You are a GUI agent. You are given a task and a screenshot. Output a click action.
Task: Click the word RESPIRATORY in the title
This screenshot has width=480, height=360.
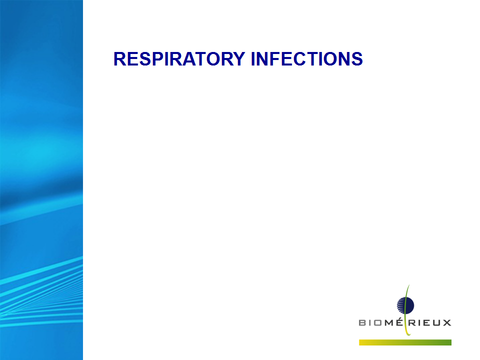(x=179, y=59)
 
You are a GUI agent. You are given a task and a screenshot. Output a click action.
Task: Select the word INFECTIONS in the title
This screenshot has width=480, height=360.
(x=306, y=59)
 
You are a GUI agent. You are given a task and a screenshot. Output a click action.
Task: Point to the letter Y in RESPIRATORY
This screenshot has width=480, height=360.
(x=239, y=59)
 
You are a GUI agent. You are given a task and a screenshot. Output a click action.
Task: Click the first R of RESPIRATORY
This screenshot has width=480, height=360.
(x=119, y=59)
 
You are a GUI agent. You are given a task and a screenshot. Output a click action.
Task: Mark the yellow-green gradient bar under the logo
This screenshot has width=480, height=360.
(x=405, y=342)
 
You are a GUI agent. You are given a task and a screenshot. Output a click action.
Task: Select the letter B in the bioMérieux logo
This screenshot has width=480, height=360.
(x=362, y=323)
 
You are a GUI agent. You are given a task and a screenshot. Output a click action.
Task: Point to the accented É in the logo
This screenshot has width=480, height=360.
(x=399, y=322)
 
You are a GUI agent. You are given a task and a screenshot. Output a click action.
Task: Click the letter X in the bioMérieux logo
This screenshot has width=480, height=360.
(x=447, y=323)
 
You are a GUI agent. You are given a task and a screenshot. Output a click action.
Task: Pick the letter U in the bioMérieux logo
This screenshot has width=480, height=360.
(x=436, y=323)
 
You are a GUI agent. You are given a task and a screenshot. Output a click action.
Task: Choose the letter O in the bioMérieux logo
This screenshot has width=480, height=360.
(x=378, y=323)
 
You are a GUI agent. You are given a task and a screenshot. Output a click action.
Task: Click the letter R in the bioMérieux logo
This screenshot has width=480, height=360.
(x=412, y=323)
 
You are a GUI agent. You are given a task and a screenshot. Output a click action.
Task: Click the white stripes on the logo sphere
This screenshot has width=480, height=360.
(x=401, y=305)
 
